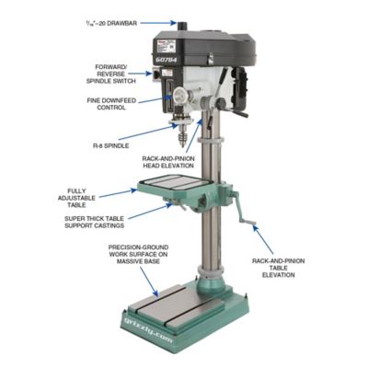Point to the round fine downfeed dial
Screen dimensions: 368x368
184,94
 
